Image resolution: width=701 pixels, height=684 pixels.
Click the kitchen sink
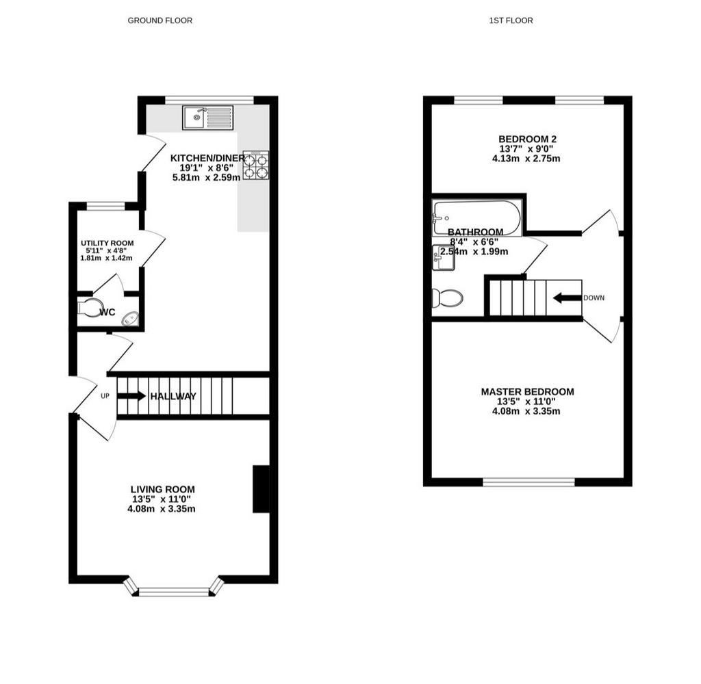pos(208,118)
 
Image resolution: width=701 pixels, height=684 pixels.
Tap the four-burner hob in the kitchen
pos(256,166)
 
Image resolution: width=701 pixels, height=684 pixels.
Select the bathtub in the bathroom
pos(477,218)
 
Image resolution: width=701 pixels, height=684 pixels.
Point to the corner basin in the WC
pos(131,319)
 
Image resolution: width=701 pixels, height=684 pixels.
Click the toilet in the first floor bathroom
pos(448,298)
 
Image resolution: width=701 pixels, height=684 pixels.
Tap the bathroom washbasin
pos(444,258)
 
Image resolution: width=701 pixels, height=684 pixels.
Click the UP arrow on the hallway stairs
pos(131,396)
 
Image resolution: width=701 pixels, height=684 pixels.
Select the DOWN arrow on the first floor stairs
pos(568,298)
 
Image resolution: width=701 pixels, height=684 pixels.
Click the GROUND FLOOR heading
pos(160,21)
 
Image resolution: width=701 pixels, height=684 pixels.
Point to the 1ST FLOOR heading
pos(511,21)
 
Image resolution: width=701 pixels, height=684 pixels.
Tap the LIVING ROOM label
pos(163,489)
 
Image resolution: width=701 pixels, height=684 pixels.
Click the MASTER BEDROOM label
pos(528,392)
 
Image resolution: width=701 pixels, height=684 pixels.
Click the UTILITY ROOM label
pos(107,243)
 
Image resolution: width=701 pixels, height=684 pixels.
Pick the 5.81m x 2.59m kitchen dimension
pos(207,177)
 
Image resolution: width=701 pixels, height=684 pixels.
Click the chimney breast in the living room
pos(261,489)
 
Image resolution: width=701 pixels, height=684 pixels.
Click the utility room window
pos(105,206)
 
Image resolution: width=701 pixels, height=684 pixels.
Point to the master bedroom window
pos(529,482)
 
